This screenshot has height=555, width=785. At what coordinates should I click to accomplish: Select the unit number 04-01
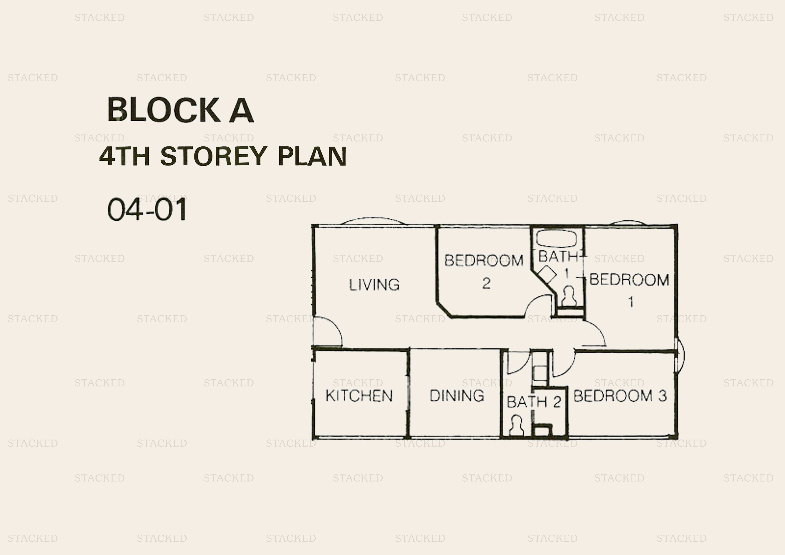pyautogui.click(x=147, y=209)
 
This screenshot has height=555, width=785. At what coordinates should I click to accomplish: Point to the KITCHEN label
pyautogui.click(x=359, y=396)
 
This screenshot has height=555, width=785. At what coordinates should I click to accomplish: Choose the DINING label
pyautogui.click(x=457, y=396)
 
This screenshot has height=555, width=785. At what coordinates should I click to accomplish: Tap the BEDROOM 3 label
pyautogui.click(x=620, y=396)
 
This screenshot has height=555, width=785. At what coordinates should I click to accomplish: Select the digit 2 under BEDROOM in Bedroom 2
pyautogui.click(x=486, y=283)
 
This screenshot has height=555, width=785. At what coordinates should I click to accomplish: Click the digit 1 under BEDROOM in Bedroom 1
pyautogui.click(x=631, y=302)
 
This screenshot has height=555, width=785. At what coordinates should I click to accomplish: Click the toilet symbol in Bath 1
pyautogui.click(x=569, y=296)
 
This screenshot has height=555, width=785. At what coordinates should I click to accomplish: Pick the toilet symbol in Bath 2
pyautogui.click(x=516, y=425)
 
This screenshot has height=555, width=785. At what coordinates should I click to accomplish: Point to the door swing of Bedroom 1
pyautogui.click(x=594, y=335)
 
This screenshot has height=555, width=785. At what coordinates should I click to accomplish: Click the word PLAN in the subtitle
pyautogui.click(x=312, y=156)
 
